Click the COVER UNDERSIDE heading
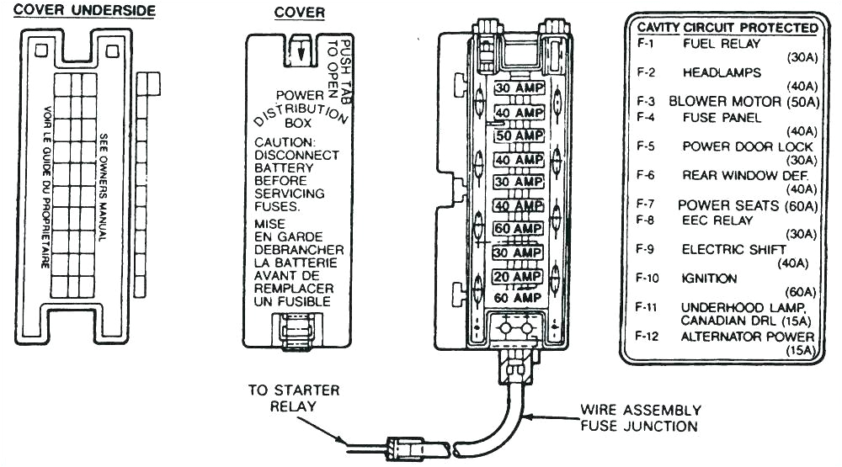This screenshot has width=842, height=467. [77, 11]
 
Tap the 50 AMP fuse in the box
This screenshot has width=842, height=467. [519, 135]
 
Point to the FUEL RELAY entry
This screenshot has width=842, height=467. [721, 43]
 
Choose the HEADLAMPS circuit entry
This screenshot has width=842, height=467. [722, 72]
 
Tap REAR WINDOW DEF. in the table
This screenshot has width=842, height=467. [744, 175]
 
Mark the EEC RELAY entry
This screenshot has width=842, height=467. [717, 220]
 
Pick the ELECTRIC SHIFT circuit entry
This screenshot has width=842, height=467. [733, 249]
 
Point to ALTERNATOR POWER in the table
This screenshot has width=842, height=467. [747, 337]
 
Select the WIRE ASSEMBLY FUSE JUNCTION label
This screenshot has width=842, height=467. [640, 417]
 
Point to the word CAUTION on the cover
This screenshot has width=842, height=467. [285, 142]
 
